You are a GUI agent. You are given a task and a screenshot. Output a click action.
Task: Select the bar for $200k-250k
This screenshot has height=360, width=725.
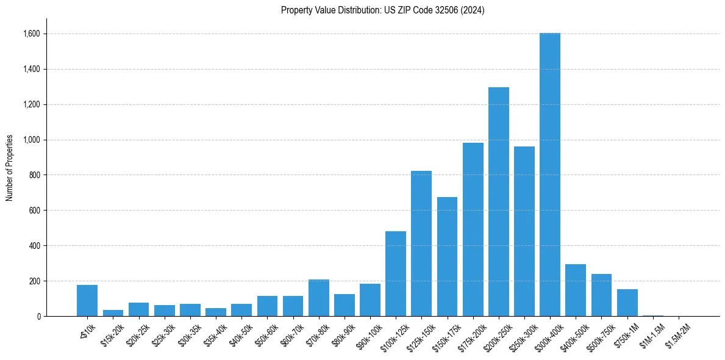pyautogui.click(x=498, y=201)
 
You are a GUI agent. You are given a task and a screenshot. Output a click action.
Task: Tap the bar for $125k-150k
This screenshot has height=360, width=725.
pyautogui.click(x=421, y=243)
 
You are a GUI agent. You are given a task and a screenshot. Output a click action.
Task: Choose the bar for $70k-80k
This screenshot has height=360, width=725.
pyautogui.click(x=318, y=298)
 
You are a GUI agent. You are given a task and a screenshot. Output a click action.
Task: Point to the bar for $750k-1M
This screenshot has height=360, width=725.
pyautogui.click(x=627, y=303)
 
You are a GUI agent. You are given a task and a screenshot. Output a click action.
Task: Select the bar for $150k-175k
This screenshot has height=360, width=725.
pyautogui.click(x=447, y=256)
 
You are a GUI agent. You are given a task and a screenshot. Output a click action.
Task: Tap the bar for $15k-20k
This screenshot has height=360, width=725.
pyautogui.click(x=113, y=313)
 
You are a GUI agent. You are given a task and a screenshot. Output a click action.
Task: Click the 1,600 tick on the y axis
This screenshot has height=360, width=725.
pyautogui.click(x=32, y=34)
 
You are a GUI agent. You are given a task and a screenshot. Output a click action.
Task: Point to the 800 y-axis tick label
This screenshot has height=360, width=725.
pyautogui.click(x=35, y=175)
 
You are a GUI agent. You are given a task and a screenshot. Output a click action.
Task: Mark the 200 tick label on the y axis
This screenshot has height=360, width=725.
pyautogui.click(x=35, y=281)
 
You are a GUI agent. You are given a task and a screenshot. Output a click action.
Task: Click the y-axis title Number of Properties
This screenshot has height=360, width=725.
pyautogui.click(x=10, y=168)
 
